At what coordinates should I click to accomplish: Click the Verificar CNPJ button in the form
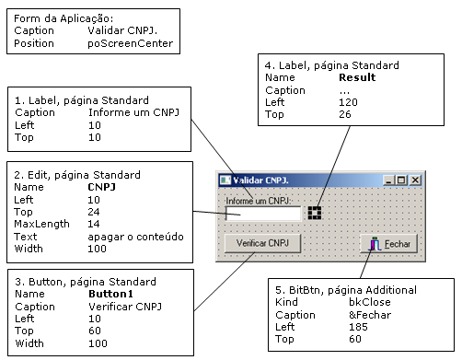(x=262, y=243)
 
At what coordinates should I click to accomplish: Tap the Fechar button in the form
(x=389, y=244)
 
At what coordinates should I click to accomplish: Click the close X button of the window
(x=415, y=180)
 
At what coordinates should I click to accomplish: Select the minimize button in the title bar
(x=388, y=180)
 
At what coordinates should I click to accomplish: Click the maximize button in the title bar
(x=401, y=180)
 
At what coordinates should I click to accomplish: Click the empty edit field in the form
(x=263, y=214)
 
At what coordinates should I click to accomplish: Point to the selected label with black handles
(x=315, y=213)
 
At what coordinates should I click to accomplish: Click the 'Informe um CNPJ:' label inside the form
(x=259, y=201)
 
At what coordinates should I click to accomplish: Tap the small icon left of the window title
(x=225, y=180)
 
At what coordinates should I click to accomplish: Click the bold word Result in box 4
(x=357, y=77)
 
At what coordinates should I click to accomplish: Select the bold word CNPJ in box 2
(x=101, y=187)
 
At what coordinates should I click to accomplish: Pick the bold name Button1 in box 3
(x=110, y=294)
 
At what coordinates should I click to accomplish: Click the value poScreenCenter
(x=131, y=43)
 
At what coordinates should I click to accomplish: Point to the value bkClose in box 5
(x=370, y=302)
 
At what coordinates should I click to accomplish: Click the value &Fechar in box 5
(x=370, y=315)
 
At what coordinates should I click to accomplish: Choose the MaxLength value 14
(x=94, y=224)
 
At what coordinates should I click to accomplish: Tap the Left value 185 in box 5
(x=358, y=327)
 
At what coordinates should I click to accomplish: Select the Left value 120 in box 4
(x=348, y=102)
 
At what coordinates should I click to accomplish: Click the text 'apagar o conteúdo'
(x=135, y=237)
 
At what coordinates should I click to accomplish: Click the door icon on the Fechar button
(x=375, y=244)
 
